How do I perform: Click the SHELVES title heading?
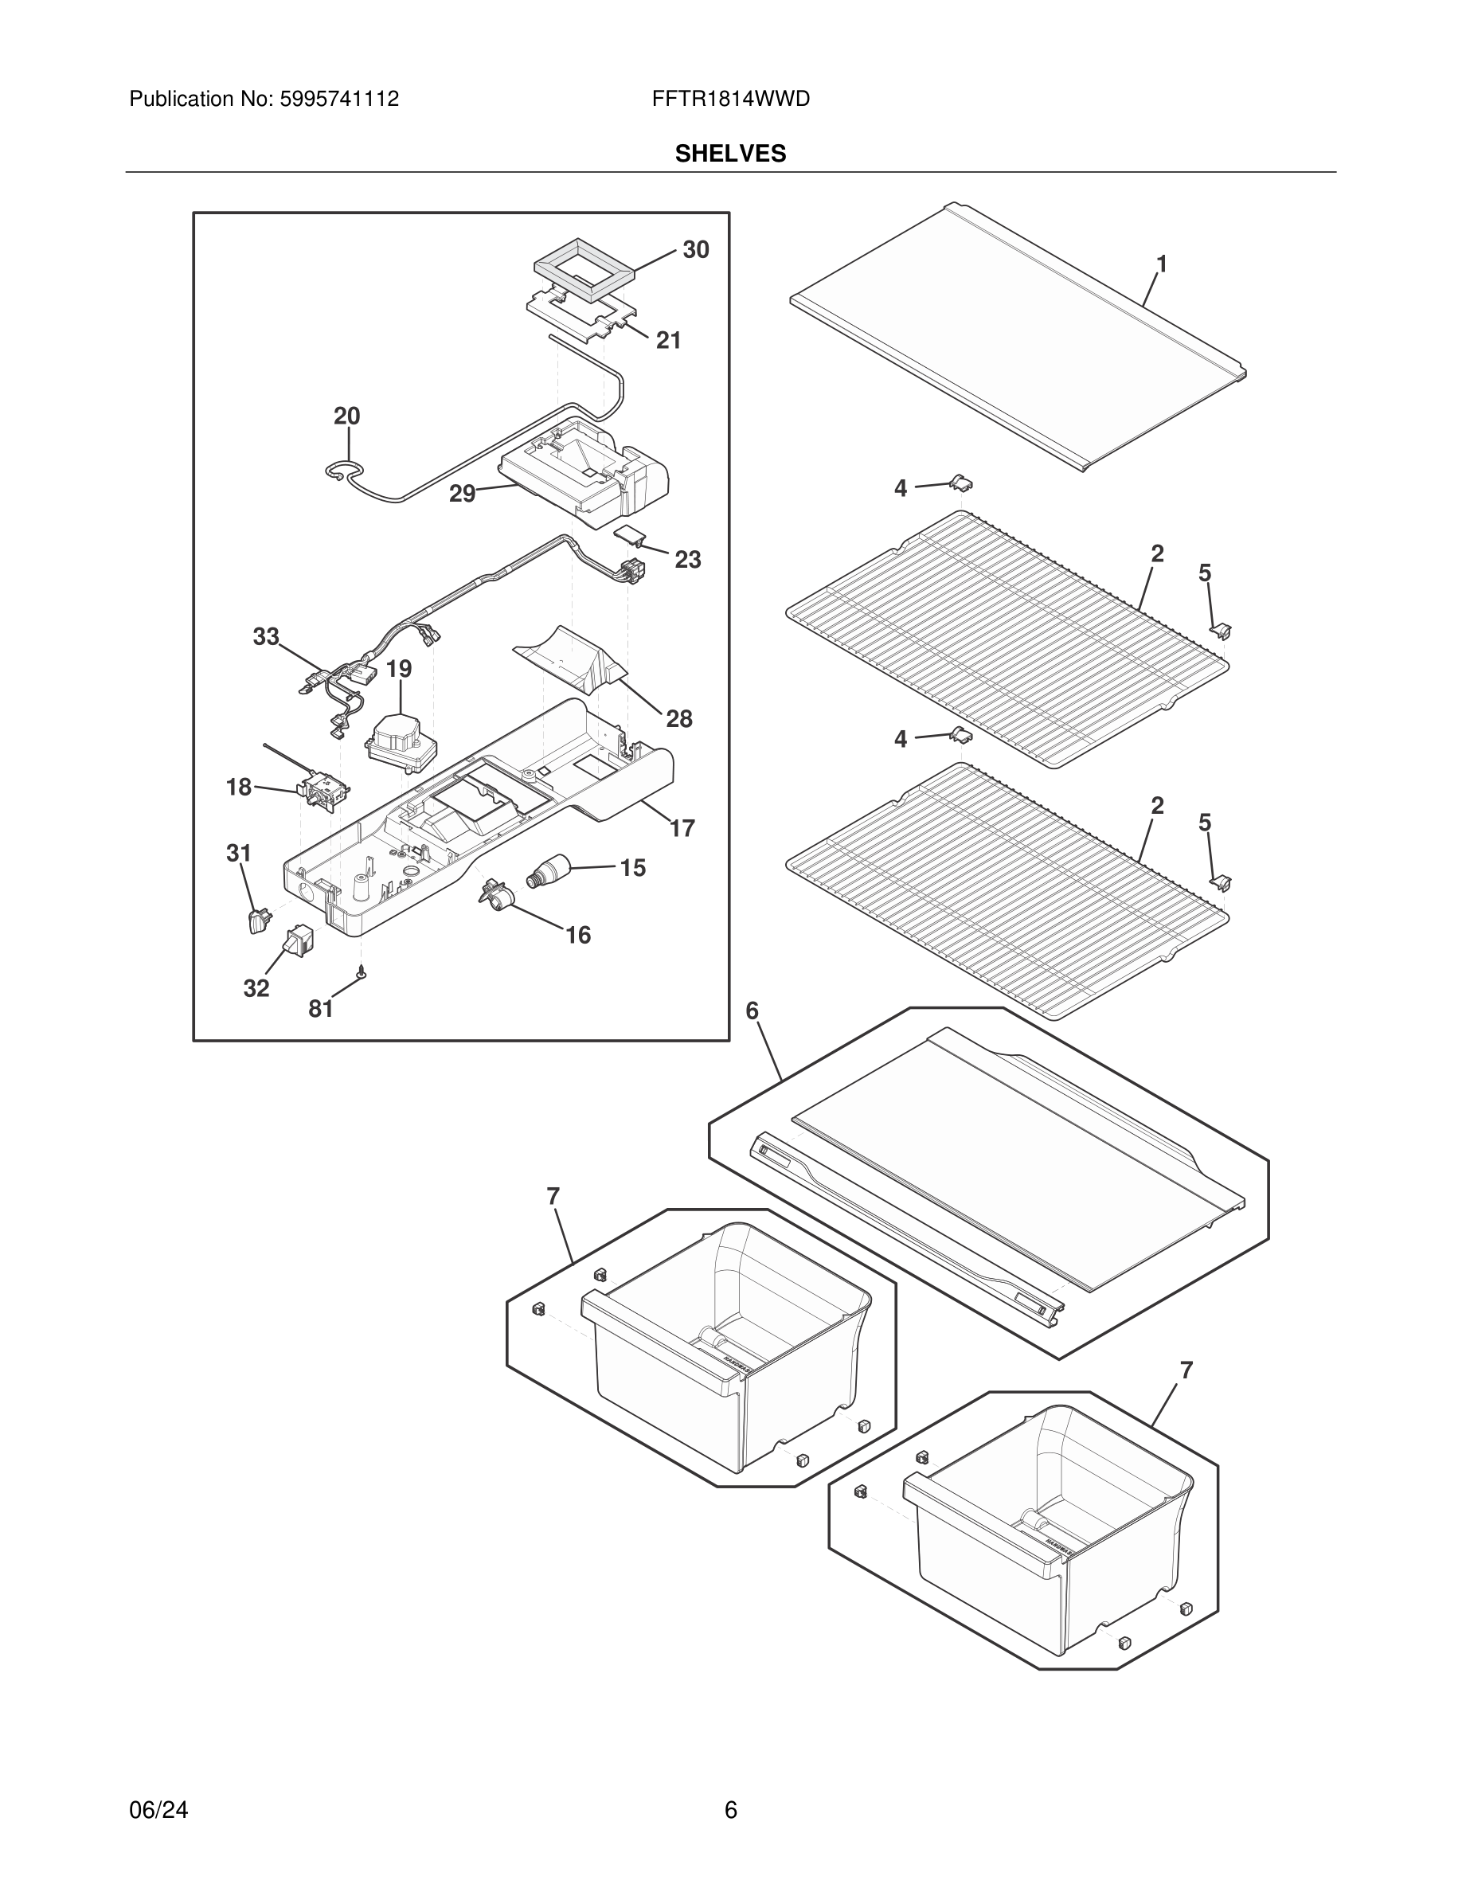coord(730,154)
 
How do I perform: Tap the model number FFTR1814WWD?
coord(730,100)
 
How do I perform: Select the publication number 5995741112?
coord(338,100)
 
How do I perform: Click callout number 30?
coord(695,249)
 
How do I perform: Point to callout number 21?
coord(668,341)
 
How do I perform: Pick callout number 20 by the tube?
coord(346,416)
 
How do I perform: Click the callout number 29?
coord(462,494)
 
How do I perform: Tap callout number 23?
coord(687,560)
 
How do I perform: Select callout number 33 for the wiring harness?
coord(266,637)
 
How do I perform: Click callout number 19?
coord(398,669)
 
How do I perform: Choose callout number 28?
coord(678,718)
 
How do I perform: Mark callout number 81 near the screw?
coord(320,1008)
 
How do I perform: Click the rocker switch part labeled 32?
coord(299,940)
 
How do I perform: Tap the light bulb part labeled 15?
coord(547,869)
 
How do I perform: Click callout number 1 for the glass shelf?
coord(1162,264)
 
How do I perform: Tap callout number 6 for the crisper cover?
coord(751,1010)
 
